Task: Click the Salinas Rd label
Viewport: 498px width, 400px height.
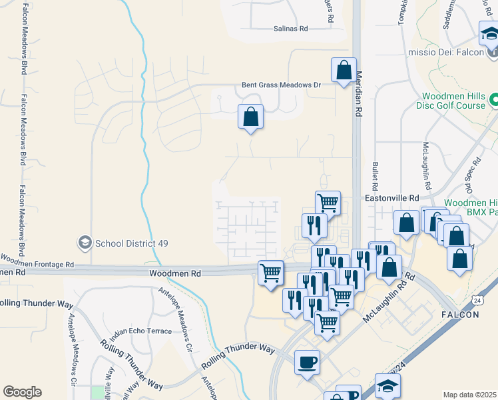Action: point(291,29)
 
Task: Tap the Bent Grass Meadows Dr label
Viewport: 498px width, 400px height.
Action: point(281,85)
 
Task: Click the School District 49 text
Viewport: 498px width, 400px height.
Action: point(131,243)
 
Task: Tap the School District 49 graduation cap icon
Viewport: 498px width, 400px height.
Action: point(85,242)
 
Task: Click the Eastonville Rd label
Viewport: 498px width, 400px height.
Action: point(391,198)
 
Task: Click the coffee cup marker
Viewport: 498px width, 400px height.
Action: point(307,362)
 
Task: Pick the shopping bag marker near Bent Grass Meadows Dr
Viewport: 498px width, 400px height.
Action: point(250,117)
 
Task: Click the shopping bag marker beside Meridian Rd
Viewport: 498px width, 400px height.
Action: point(344,70)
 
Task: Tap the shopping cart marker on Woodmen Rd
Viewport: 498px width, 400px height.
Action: point(270,272)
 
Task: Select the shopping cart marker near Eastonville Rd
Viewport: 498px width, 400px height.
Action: point(328,202)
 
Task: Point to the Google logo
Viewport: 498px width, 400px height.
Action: point(22,392)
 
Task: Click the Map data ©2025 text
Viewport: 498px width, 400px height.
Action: point(470,395)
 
